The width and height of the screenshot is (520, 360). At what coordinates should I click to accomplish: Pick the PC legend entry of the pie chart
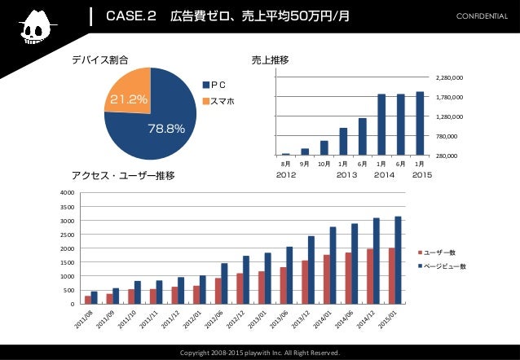click(217, 84)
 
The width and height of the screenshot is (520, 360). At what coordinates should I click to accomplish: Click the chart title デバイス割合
click(100, 59)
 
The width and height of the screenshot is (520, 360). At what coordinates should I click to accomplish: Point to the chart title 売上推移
click(271, 59)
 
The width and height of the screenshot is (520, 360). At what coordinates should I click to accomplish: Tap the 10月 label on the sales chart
click(324, 164)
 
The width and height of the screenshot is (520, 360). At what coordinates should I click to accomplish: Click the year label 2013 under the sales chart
click(348, 174)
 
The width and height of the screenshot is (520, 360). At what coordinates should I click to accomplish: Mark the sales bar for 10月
click(324, 147)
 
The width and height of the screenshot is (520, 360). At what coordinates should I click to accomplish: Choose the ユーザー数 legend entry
click(440, 252)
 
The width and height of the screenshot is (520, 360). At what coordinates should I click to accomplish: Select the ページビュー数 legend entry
click(444, 266)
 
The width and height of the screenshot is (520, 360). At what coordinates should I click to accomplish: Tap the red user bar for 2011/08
click(88, 300)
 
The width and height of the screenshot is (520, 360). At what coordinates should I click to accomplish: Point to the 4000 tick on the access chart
click(67, 193)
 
